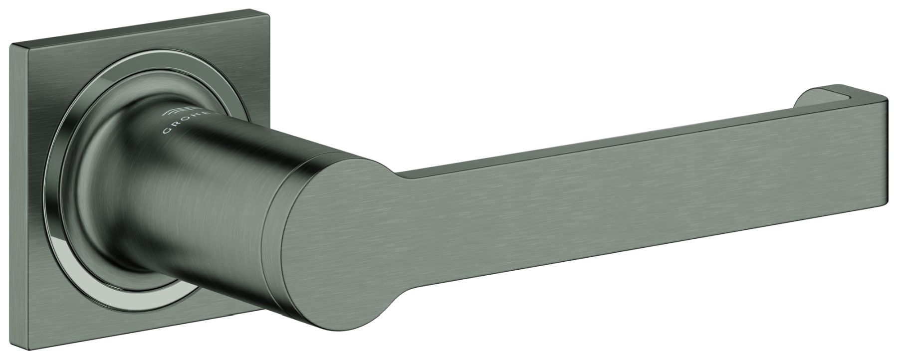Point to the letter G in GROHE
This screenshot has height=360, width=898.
(x=167, y=132)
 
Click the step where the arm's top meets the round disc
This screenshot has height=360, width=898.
(x=399, y=177)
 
